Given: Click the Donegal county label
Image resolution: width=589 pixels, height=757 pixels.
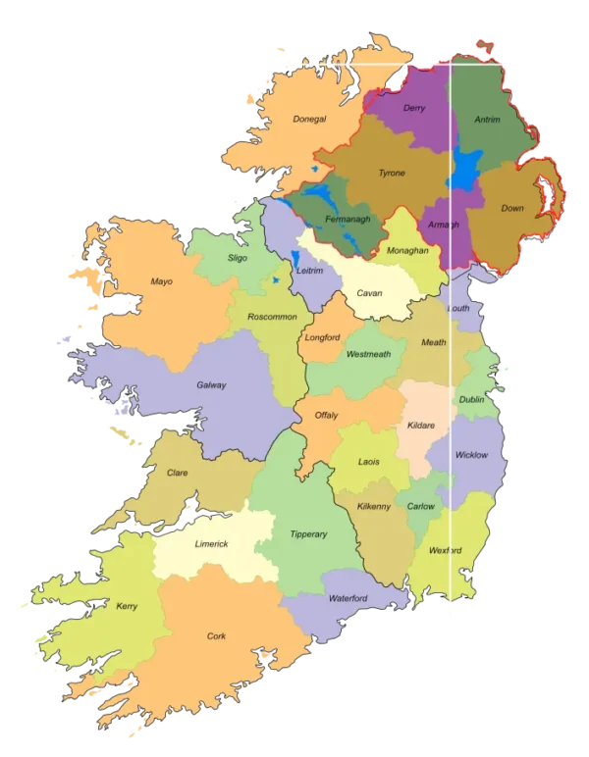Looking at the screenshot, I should pos(308,120).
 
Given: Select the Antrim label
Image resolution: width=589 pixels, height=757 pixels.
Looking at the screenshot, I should pos(487,120).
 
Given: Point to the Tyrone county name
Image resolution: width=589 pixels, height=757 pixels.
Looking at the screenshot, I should pos(392,174).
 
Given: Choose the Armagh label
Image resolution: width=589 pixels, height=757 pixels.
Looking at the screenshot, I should pos(445,225).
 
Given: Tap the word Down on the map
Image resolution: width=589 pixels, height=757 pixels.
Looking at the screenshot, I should pos(512,208).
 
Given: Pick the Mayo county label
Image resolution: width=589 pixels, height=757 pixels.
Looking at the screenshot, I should pos(161,281).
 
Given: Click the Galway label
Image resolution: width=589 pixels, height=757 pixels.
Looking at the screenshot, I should pos(211,385).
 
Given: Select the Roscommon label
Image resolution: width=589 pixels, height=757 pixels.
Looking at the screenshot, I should pos(272,317).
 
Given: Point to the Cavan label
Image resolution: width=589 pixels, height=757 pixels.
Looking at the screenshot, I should pos(369,293).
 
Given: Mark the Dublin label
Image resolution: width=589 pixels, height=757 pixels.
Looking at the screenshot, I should pos(471,400).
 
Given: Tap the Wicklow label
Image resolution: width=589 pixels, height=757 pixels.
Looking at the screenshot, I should pos(471,455).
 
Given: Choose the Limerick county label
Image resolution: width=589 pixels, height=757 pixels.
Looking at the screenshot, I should pos(211,543).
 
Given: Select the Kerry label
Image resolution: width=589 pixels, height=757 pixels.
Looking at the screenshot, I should pos(127,606).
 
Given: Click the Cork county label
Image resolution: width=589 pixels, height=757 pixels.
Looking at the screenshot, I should pos(216,636).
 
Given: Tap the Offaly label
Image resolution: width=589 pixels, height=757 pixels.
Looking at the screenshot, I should pos(326,415).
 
